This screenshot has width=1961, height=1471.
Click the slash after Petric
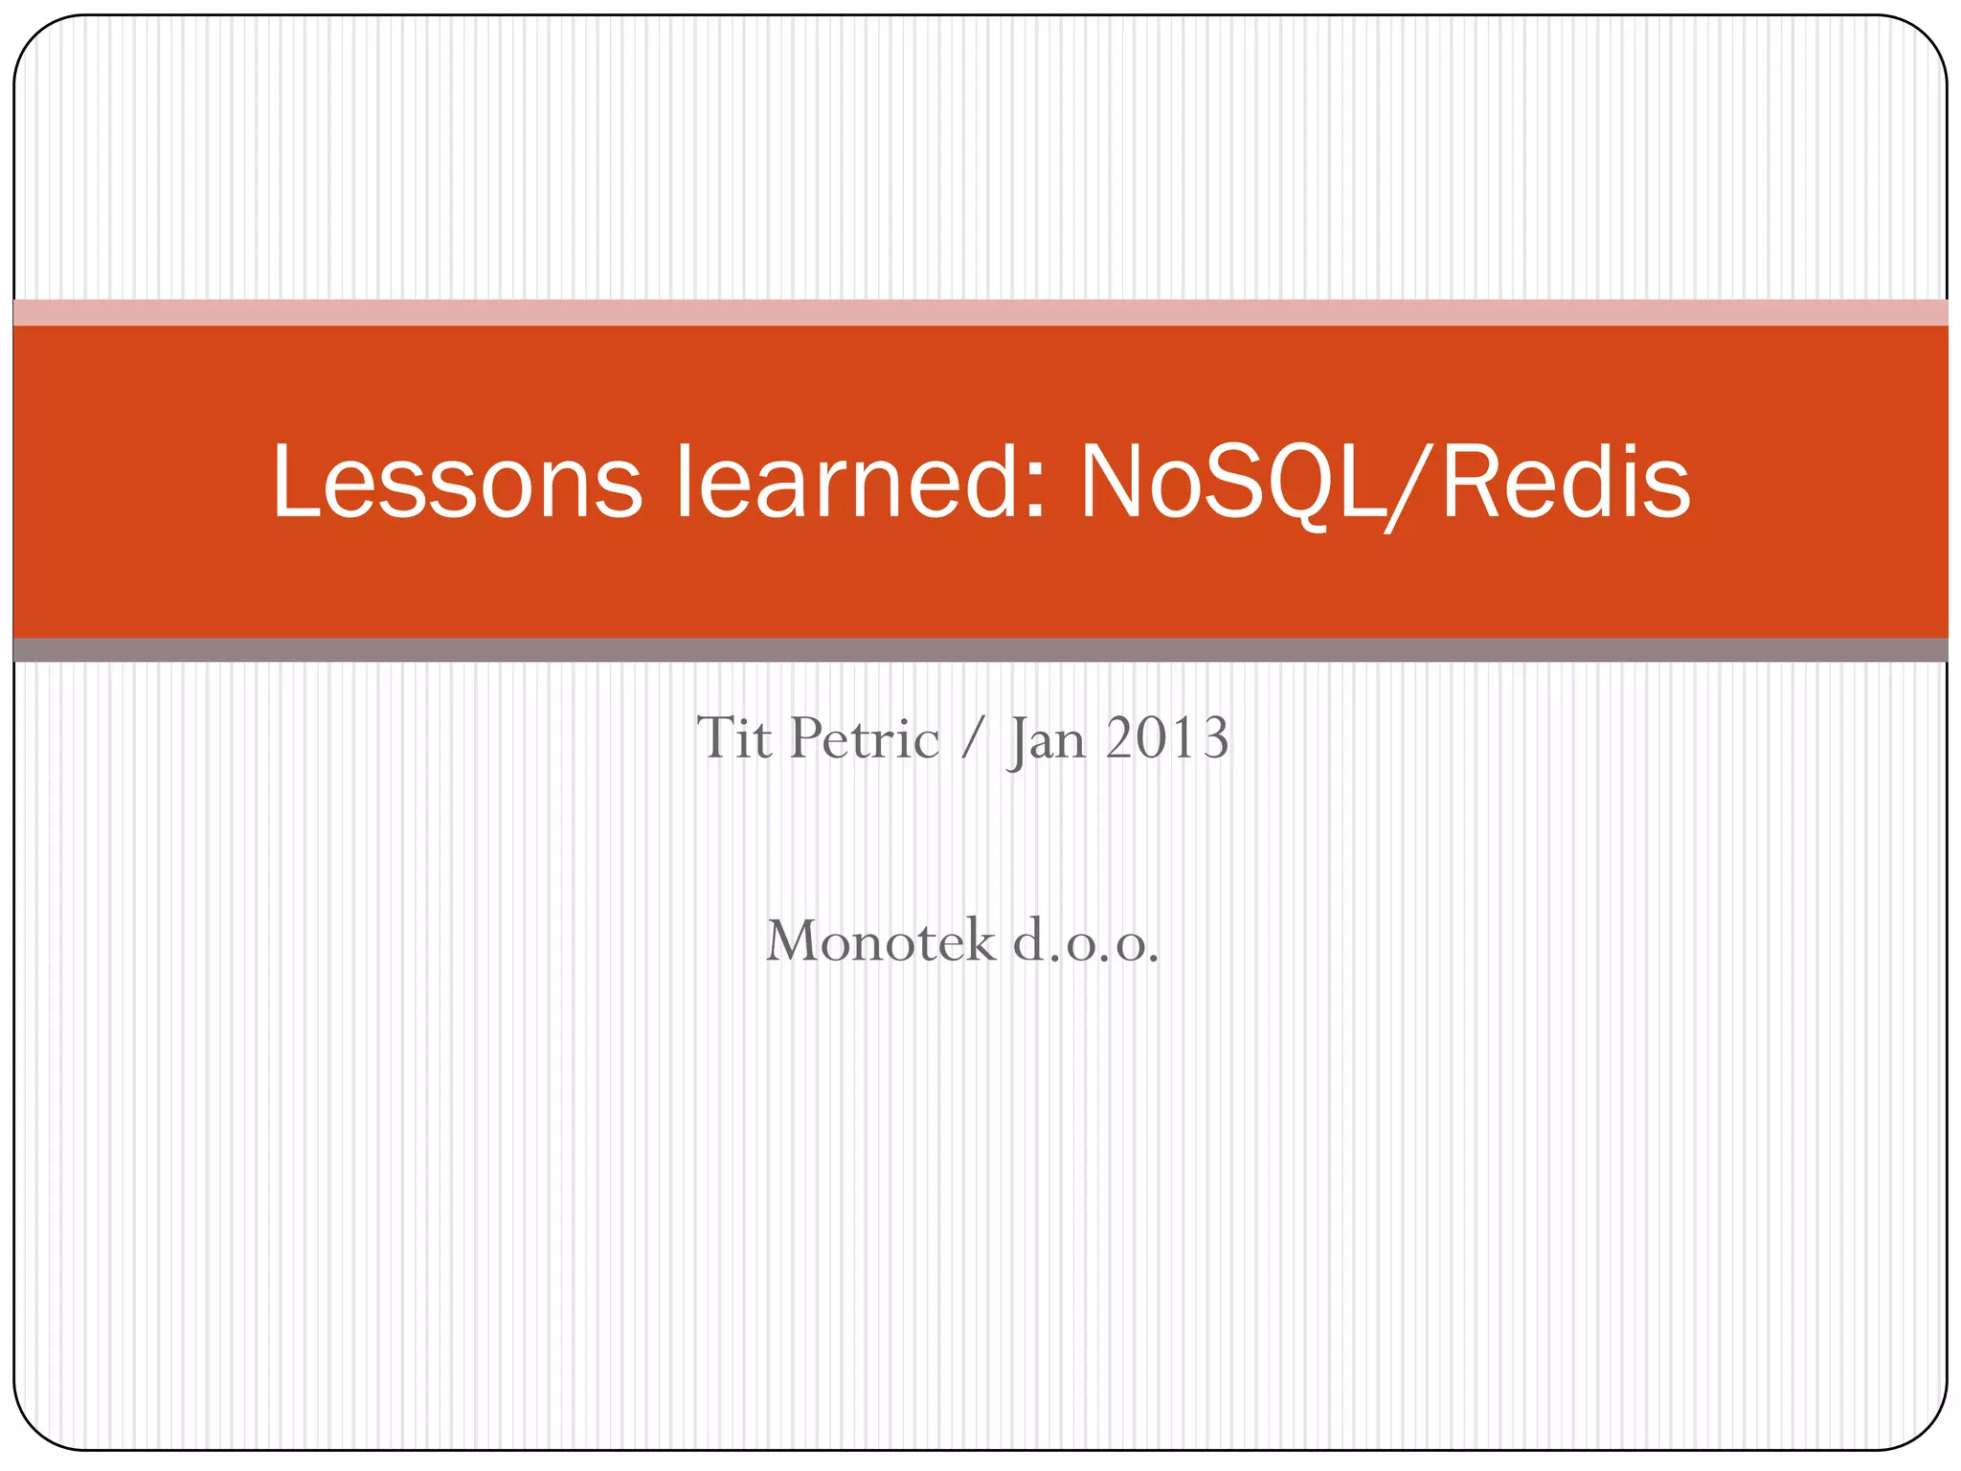[973, 740]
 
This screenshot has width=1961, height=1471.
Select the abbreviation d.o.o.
[1086, 942]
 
